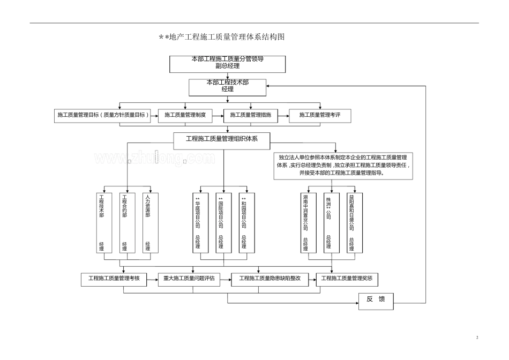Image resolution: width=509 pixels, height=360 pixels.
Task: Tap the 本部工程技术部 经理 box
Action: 228,86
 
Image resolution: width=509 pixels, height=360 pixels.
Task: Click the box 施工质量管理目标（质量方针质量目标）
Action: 101,115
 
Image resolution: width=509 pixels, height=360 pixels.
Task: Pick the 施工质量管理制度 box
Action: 185,115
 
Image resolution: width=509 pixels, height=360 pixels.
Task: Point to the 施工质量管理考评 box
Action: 320,115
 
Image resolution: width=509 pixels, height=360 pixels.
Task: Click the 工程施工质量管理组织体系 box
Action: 222,139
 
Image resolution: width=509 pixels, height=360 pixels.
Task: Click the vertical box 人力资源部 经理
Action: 148,222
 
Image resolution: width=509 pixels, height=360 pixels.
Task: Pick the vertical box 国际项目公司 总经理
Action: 221,222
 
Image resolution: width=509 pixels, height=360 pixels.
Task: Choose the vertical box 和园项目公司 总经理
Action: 244,222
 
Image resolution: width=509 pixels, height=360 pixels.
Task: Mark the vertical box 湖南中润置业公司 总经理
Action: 305,222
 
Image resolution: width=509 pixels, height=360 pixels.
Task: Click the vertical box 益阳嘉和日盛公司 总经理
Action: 351,222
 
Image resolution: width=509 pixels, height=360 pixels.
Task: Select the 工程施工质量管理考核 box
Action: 114,279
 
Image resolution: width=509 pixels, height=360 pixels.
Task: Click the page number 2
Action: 477,337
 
